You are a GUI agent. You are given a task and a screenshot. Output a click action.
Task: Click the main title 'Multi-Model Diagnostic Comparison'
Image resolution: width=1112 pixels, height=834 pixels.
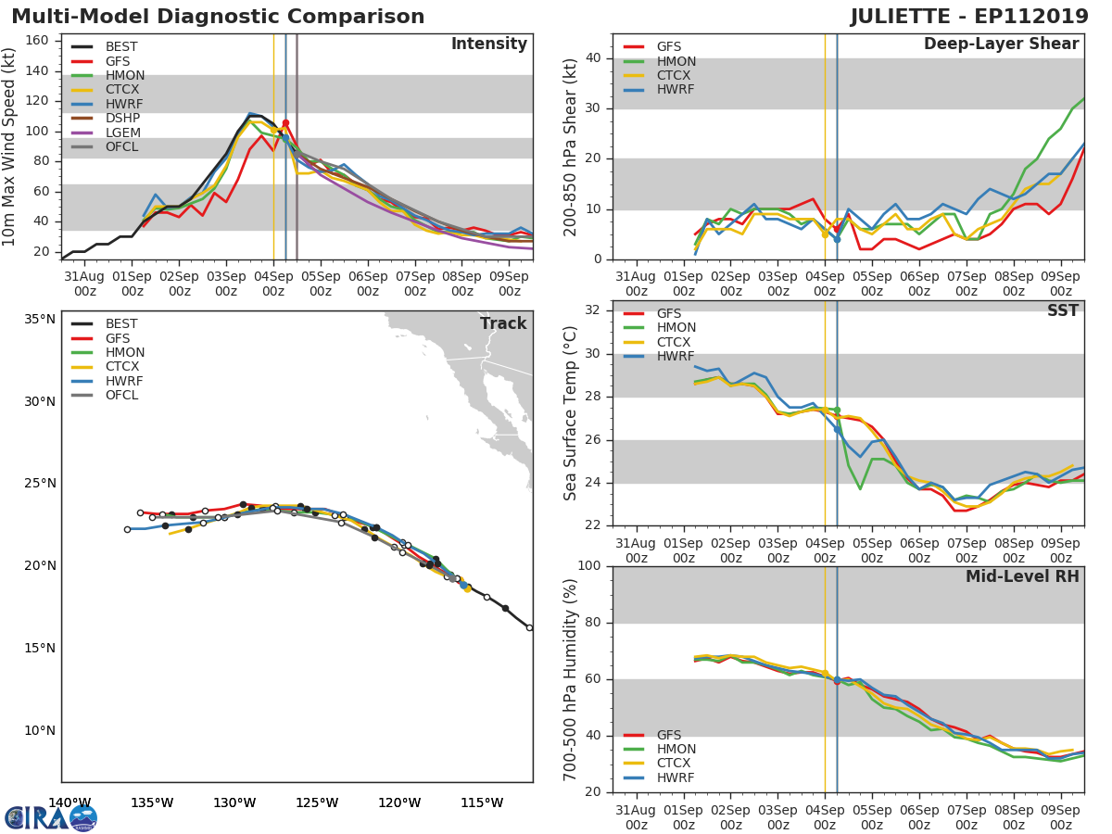coord(218,17)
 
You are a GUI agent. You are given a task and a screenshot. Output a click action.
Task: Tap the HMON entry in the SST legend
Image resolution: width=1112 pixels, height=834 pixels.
coord(676,328)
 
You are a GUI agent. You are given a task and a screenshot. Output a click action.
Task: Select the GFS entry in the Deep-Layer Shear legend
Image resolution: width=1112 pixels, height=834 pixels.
coord(669,47)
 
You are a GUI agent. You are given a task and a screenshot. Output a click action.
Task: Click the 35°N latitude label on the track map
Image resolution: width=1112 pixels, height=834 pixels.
coord(39,320)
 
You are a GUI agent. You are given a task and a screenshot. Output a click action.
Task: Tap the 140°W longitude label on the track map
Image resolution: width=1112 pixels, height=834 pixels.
coord(69,802)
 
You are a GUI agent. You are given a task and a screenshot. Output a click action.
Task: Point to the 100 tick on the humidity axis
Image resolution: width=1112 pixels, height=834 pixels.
coord(589,566)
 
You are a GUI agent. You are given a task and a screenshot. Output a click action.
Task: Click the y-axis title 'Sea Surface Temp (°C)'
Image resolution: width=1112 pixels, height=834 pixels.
coord(571,413)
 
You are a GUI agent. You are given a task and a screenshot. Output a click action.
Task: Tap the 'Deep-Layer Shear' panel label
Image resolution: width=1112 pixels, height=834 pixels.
coord(1001,44)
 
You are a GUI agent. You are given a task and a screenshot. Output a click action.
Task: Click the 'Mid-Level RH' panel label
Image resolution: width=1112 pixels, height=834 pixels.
coord(1021,577)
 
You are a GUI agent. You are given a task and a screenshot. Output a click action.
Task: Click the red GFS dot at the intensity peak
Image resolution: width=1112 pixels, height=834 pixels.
coord(285,122)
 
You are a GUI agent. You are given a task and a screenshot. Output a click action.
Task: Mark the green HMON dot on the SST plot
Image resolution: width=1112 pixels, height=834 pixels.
coord(837,410)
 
